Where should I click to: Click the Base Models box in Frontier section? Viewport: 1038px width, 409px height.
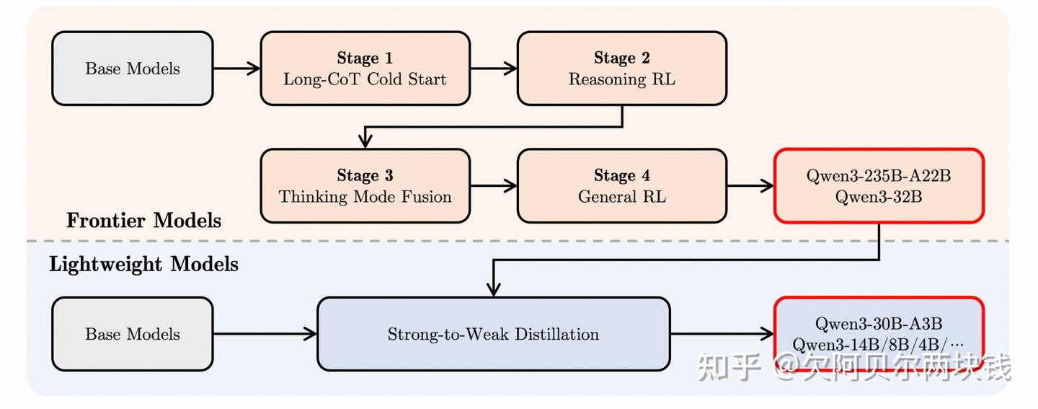click(133, 69)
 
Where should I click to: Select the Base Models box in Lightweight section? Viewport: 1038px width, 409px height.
click(133, 334)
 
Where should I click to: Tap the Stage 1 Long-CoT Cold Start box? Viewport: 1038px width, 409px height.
click(365, 69)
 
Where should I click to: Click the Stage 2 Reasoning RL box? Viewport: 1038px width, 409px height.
click(621, 69)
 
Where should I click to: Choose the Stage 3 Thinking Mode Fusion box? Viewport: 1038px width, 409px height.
click(365, 186)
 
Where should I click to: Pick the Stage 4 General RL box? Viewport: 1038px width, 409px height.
click(621, 186)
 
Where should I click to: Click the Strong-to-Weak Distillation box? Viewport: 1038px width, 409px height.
click(493, 334)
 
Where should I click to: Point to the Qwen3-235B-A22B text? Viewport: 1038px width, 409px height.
click(879, 176)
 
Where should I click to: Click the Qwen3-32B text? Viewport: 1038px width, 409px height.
click(879, 196)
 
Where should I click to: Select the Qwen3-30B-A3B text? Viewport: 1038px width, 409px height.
click(879, 324)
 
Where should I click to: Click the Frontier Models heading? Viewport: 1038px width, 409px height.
click(143, 220)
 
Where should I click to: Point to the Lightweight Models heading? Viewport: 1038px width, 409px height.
click(143, 264)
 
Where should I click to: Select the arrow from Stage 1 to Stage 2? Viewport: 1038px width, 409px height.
click(494, 69)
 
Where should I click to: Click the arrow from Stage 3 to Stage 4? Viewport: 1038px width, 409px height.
click(494, 186)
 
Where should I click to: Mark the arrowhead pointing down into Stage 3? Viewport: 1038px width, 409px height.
click(365, 141)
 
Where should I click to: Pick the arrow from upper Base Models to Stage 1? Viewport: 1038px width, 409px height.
click(236, 69)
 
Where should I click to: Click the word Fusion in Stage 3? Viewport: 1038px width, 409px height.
click(427, 196)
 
